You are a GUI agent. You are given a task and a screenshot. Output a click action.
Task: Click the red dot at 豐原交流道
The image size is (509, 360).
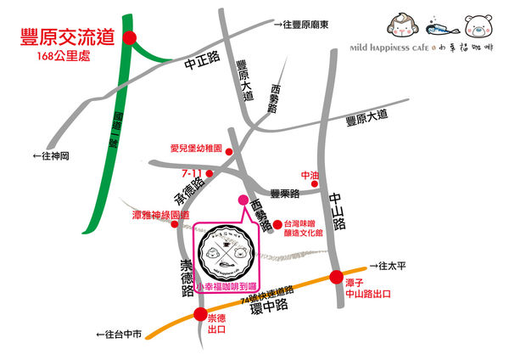(x=130, y=37)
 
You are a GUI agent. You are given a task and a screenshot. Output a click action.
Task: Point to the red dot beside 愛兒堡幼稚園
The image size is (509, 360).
(x=228, y=149)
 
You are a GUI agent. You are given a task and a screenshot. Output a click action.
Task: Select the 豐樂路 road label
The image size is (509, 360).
(x=285, y=194)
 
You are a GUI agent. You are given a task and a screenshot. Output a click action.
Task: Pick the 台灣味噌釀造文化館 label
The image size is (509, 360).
(x=308, y=230)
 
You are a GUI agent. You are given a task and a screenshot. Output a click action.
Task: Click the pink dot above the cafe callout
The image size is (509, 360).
(x=240, y=200)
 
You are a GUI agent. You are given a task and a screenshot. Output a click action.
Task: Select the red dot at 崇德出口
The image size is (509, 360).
(x=200, y=315)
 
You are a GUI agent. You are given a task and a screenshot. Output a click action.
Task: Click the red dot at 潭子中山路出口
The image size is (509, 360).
(x=348, y=276)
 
